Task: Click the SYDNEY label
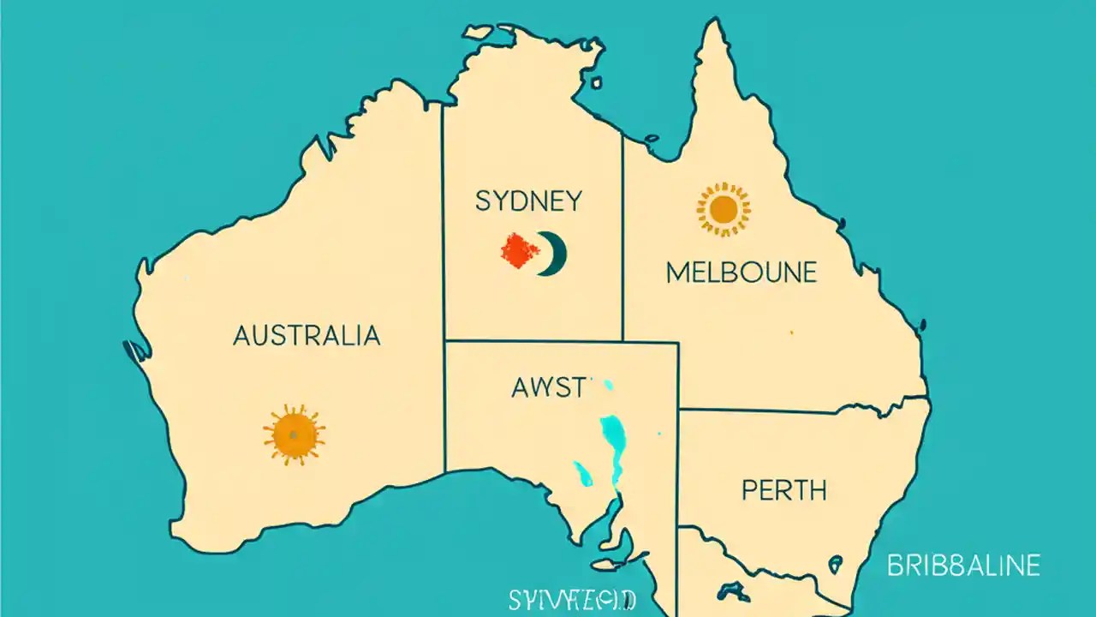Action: click(x=528, y=202)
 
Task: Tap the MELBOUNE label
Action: click(x=741, y=273)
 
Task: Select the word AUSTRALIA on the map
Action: click(x=307, y=335)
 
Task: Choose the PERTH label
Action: click(x=784, y=491)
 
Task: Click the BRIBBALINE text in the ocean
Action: click(x=963, y=566)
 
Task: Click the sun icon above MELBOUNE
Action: click(x=724, y=208)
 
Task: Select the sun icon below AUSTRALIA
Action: click(x=294, y=434)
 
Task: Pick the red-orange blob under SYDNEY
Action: click(x=520, y=251)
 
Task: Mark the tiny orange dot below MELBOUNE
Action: click(x=791, y=332)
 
